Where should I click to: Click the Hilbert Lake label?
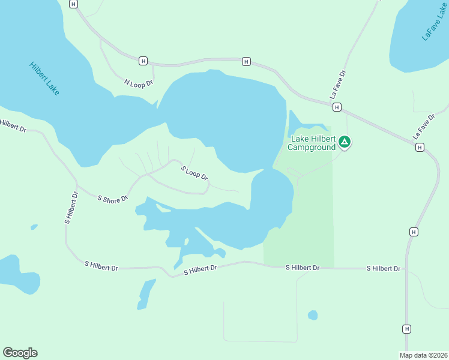44,79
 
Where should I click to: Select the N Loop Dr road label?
139,82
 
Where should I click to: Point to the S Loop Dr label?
194,173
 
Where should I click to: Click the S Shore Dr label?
113,197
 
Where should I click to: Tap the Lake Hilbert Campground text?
313,142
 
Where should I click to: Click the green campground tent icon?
345,142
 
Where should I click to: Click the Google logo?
20,352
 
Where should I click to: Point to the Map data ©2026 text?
423,355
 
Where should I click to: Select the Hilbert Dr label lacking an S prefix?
13,126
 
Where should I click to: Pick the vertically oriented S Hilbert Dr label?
71,208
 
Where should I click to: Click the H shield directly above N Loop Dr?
143,61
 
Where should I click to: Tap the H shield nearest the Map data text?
407,329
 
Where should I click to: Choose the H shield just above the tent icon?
337,107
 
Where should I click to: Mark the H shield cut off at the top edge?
73,4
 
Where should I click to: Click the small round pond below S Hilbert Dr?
313,315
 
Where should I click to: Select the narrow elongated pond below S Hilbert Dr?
146,294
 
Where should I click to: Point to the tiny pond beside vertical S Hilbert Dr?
34,227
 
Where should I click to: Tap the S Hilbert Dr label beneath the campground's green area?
302,267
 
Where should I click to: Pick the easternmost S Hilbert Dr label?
384,268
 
